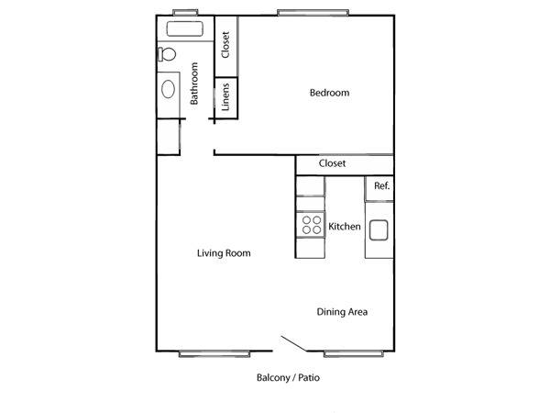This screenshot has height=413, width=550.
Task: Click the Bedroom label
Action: tap(329, 93)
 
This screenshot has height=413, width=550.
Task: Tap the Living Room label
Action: tap(224, 253)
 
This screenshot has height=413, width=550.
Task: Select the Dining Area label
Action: tap(342, 312)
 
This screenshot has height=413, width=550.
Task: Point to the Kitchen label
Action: tap(345, 227)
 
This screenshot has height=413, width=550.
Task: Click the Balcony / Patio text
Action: tap(288, 378)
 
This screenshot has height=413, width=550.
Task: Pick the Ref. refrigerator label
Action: tap(381, 185)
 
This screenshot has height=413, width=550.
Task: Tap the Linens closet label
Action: tap(225, 97)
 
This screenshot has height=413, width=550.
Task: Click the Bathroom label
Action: tap(194, 84)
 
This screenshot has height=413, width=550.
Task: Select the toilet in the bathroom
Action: tap(167, 54)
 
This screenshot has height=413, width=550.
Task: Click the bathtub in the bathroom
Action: tap(184, 28)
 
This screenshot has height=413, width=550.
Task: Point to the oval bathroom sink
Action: tap(169, 89)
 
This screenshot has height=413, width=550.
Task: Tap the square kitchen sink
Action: tap(379, 230)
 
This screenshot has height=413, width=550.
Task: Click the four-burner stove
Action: tap(311, 225)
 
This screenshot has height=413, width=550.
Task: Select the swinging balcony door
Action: tap(294, 343)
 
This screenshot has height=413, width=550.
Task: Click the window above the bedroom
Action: tap(313, 13)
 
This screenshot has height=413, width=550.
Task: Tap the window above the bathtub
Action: tap(185, 12)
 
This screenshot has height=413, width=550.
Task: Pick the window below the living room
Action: tap(214, 354)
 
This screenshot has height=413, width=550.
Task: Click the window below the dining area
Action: tap(353, 354)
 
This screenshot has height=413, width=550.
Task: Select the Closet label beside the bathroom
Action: tap(225, 45)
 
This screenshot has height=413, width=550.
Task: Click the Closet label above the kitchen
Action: tap(332, 163)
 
